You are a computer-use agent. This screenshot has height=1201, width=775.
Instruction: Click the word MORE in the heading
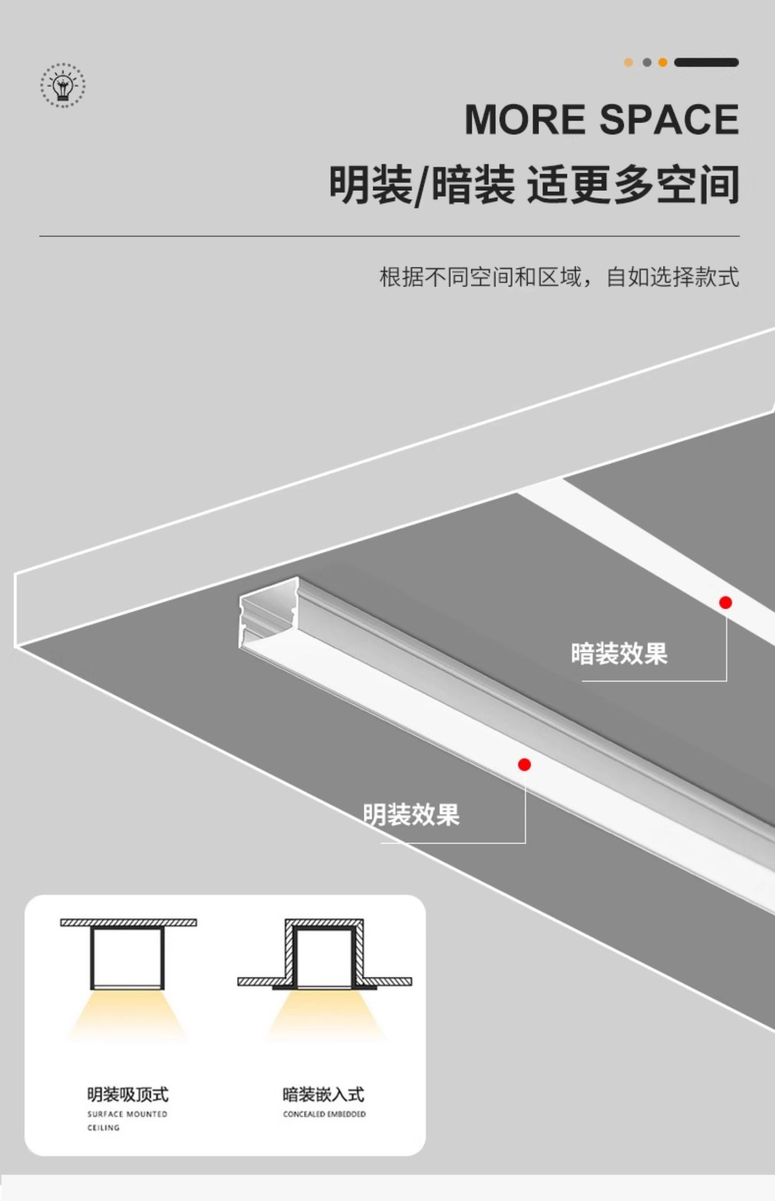coord(524,119)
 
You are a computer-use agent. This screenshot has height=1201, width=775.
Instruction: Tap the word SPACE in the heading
coord(669,119)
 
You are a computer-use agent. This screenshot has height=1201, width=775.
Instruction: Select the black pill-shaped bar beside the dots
coord(706,63)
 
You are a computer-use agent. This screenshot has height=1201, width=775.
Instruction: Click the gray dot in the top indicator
coord(647,63)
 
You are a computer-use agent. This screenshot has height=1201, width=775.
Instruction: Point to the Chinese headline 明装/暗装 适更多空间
coord(534,185)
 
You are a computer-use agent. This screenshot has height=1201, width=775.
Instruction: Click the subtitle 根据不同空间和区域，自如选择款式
coord(559,276)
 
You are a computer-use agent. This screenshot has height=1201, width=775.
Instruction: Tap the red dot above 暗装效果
coord(726,602)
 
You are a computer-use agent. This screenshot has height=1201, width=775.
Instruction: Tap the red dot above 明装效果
coord(524,764)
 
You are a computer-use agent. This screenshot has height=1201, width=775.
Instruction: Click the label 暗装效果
coord(619,654)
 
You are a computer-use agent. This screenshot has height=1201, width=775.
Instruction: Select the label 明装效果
coord(411,815)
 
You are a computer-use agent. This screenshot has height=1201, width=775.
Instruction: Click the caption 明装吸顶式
coord(127,1095)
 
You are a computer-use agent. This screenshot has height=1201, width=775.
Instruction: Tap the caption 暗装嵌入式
coord(323,1095)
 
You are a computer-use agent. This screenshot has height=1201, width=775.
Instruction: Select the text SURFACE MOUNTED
coord(127,1114)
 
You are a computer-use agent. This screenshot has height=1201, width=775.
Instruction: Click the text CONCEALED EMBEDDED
coord(324,1114)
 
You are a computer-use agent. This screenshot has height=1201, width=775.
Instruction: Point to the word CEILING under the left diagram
coord(104,1128)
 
